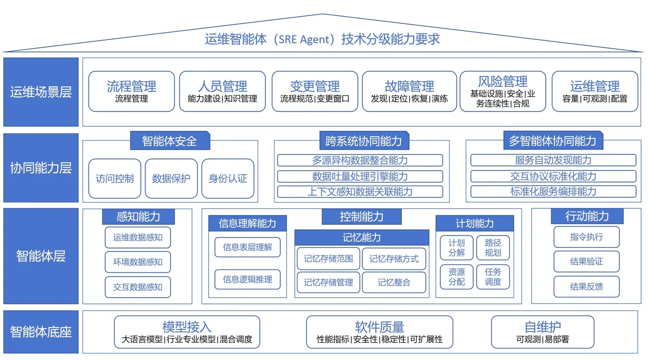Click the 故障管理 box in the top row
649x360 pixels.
409,91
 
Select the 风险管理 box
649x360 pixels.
503,91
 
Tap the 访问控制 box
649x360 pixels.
115,179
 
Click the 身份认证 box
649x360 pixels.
228,179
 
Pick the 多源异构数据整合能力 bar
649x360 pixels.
360,161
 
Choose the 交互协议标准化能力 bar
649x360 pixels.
553,176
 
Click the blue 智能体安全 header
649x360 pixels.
170,141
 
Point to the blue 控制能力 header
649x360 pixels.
362,216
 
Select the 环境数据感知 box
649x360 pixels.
138,262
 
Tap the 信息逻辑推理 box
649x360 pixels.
248,279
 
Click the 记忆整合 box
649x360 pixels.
394,283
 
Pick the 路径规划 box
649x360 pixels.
493,248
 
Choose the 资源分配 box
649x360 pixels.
457,276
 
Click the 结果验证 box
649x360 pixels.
586,262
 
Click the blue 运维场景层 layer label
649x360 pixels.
41,92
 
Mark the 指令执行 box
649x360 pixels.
586,237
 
